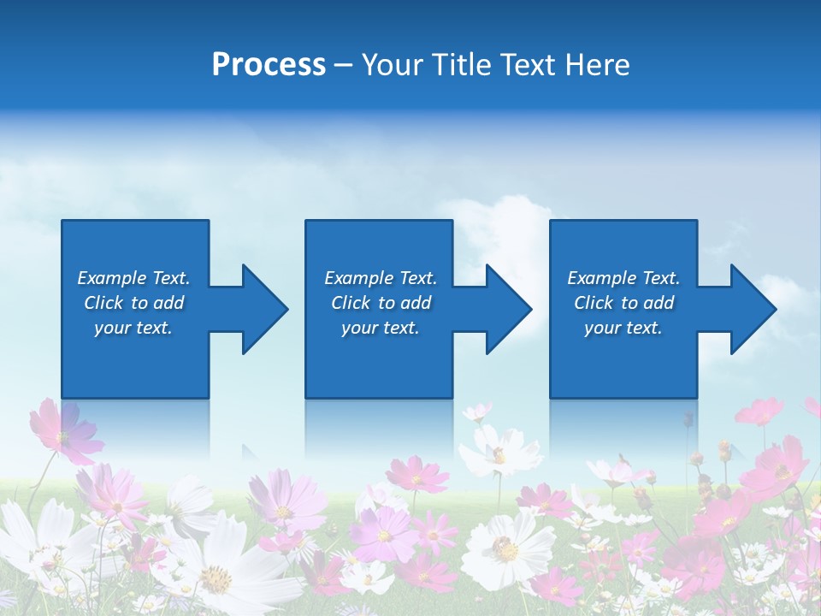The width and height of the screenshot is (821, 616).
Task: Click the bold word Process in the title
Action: tap(269, 65)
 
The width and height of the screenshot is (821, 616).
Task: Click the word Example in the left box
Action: tap(112, 278)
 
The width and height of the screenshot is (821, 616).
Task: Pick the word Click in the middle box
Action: tap(351, 303)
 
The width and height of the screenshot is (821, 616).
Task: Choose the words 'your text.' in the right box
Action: tap(623, 328)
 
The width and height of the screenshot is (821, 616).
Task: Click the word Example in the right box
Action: tap(602, 278)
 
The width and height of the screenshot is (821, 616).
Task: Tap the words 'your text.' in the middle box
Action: tap(381, 328)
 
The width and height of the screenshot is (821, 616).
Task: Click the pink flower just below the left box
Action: tap(65, 432)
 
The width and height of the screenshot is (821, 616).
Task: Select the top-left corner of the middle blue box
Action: tap(307, 222)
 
